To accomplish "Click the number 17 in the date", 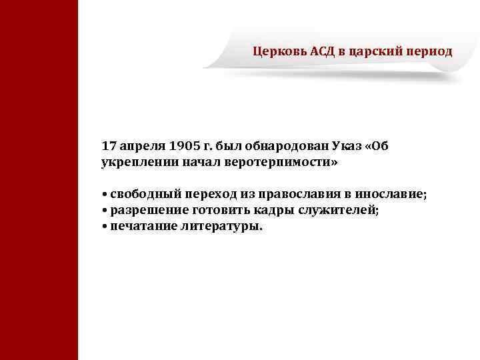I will pos(109,145).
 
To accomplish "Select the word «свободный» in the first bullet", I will pos(141,195).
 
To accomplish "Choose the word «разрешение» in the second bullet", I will pos(144,211).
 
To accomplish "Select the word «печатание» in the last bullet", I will pos(141,227).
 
